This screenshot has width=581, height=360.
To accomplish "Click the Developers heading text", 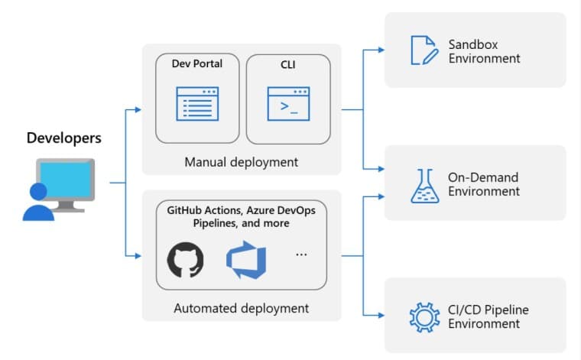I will (64, 138).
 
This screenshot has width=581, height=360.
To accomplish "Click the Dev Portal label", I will (197, 64).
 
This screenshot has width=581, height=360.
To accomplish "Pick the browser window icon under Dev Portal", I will (197, 103).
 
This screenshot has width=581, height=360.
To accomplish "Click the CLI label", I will (287, 64).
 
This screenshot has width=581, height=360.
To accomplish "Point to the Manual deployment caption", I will (242, 162).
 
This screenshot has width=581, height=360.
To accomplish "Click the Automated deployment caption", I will (242, 308).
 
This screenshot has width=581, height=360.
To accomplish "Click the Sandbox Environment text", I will (484, 50).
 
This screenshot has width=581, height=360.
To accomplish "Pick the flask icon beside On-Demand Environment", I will (424, 185).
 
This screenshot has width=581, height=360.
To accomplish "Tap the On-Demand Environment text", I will (484, 184).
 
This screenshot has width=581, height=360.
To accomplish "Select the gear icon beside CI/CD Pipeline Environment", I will (422, 316).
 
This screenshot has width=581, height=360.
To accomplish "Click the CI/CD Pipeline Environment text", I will (488, 316).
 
